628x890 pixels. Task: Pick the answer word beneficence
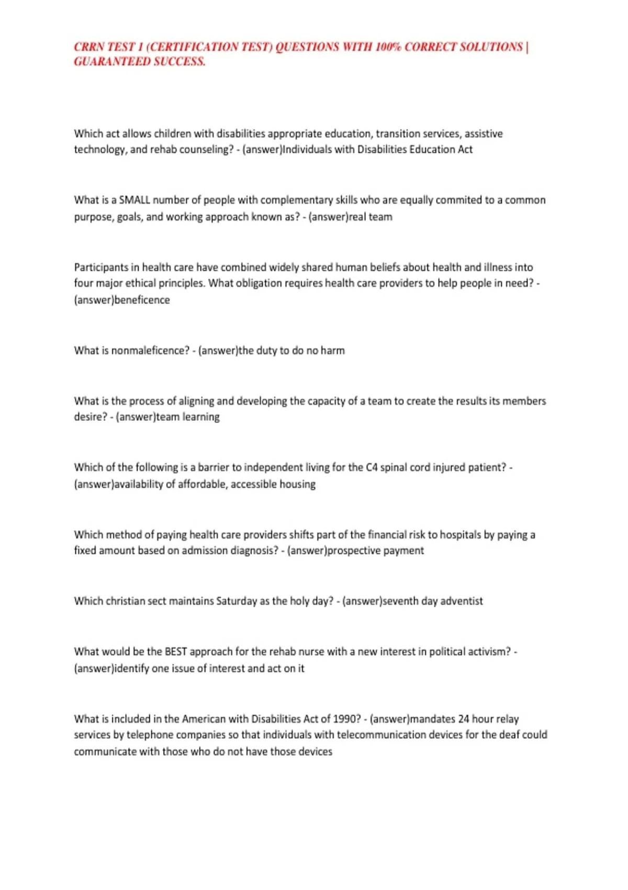[142, 300]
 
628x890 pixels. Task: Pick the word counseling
[205, 150]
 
